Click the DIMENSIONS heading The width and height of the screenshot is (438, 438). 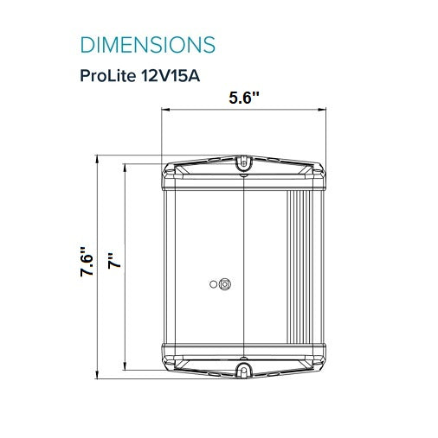tap(147, 45)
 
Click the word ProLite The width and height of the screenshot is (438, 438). tap(107, 76)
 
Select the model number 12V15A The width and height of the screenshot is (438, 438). tap(171, 76)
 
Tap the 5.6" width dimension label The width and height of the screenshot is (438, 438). tap(244, 98)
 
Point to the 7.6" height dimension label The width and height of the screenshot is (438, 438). tap(87, 262)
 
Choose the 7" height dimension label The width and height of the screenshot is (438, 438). tap(114, 261)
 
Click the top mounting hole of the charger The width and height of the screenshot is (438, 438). tap(244, 163)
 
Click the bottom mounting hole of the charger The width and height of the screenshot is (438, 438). tap(244, 370)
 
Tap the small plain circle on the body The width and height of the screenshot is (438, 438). tap(213, 284)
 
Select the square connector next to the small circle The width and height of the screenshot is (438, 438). tap(225, 284)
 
